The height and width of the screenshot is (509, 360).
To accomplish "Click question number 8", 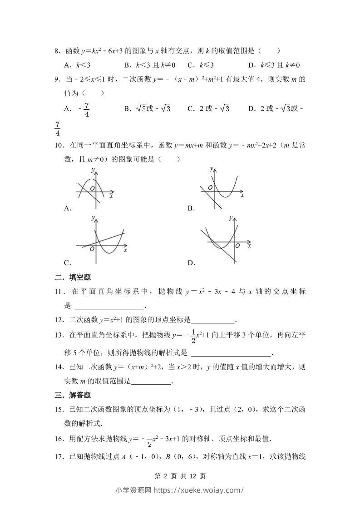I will (57, 52).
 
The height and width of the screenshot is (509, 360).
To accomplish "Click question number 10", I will (59, 146).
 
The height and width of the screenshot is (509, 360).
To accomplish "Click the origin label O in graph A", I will (92, 188).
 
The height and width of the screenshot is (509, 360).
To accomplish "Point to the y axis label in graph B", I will (211, 169).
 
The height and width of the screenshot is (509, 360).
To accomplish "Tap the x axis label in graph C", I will (125, 250).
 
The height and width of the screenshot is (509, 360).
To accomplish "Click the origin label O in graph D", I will (237, 245).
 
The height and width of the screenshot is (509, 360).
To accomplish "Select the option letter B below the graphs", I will (191, 208).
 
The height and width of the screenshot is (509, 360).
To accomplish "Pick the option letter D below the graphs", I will (191, 263).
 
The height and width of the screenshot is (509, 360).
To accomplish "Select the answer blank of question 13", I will (231, 353).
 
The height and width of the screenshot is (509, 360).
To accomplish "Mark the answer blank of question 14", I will (151, 382).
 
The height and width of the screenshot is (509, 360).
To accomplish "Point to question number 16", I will (59, 439).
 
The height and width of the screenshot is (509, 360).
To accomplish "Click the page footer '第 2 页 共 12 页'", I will (180, 476).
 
